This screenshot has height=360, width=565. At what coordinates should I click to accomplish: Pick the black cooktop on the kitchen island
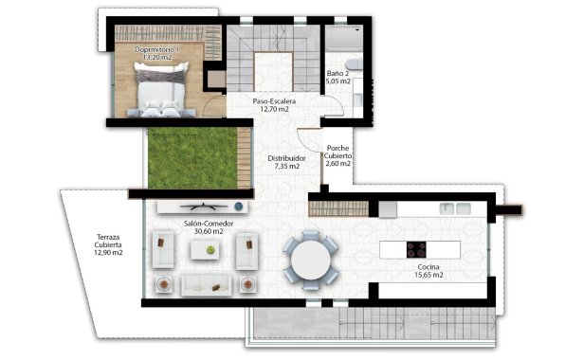coord(416,250)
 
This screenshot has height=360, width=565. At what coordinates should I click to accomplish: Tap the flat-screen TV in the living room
coord(205,206)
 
